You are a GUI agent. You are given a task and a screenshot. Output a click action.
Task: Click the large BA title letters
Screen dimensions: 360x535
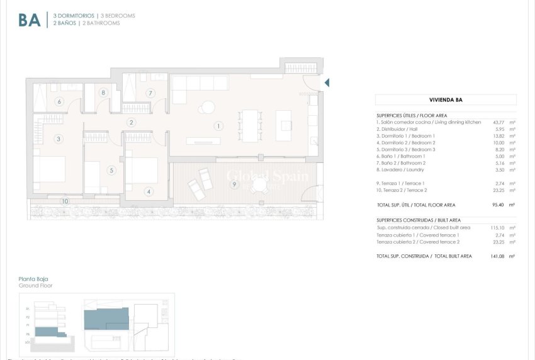(30, 20)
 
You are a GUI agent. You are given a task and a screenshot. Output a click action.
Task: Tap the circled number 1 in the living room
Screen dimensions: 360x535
(218, 126)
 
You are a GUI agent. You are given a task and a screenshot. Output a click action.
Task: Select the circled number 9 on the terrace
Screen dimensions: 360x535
(234, 184)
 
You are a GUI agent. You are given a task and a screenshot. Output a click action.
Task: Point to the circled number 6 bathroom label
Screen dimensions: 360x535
(59, 101)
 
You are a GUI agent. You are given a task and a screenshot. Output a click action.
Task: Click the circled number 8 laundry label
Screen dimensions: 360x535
(103, 93)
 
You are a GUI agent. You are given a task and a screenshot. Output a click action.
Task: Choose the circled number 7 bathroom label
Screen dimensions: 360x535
(150, 93)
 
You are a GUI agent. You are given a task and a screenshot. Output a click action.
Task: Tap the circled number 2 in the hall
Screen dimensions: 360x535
(131, 122)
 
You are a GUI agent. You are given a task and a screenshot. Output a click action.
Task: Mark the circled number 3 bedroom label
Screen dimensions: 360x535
(59, 138)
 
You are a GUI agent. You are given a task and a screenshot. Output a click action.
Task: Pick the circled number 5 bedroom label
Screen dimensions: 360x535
(111, 170)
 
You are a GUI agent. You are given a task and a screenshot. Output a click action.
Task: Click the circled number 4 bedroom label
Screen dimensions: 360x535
(149, 191)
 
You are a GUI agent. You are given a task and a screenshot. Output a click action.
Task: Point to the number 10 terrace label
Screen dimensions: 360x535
(65, 201)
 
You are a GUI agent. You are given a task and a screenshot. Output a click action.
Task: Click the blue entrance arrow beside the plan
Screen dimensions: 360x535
(327, 82)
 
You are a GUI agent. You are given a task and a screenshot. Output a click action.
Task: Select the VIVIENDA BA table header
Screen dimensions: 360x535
(446, 99)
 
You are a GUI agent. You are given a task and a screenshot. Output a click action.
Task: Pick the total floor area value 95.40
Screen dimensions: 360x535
(501, 205)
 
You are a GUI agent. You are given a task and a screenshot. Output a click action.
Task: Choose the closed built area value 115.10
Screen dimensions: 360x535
(500, 228)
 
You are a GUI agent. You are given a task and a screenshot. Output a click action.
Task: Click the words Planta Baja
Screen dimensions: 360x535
(33, 279)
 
